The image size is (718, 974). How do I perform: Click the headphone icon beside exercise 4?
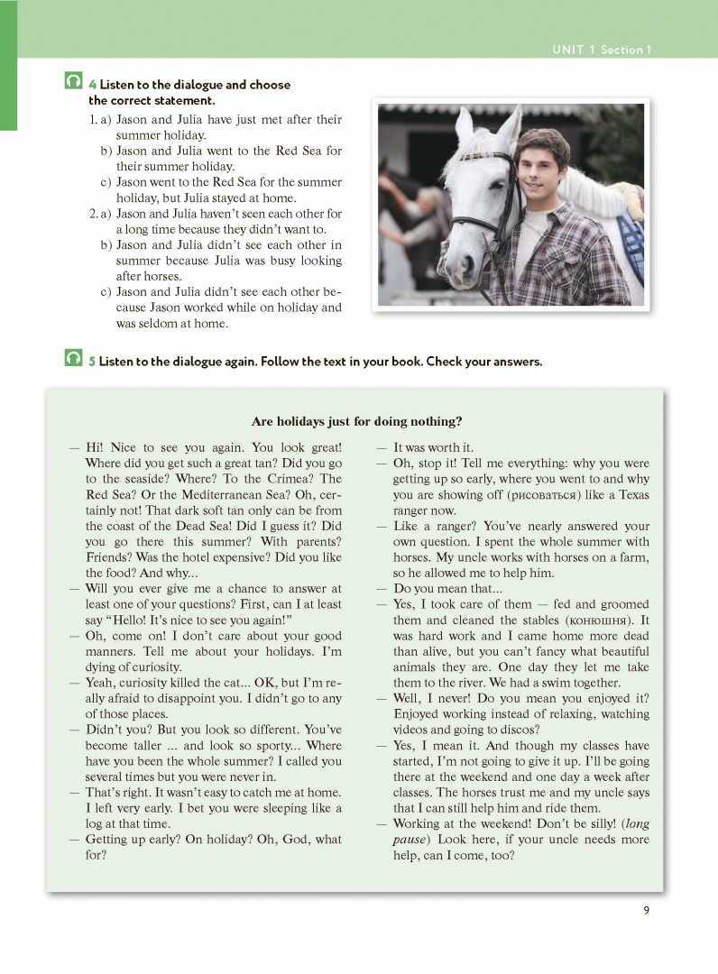pos(74,82)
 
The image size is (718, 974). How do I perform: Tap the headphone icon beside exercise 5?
pos(74,359)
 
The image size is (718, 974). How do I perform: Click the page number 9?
pos(647,908)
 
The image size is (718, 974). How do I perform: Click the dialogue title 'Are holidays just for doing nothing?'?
pos(357,421)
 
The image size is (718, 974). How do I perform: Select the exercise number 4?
pos(93,85)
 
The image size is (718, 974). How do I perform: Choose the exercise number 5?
pos(93,362)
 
